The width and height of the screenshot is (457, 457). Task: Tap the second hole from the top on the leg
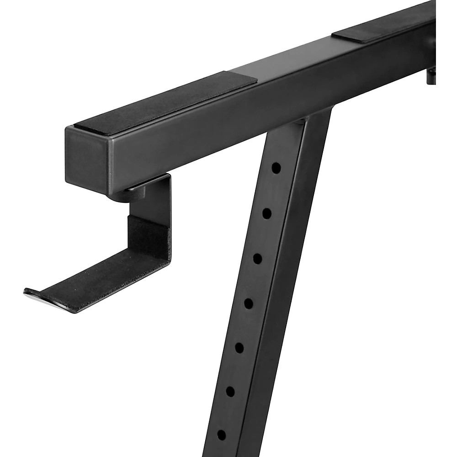point(267,213)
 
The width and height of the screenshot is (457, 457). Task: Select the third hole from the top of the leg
point(258,258)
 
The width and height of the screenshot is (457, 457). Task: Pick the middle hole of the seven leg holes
point(249,303)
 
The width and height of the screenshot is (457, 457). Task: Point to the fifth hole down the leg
point(239,347)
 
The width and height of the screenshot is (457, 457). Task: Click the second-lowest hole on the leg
point(230,391)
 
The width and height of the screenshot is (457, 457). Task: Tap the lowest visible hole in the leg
point(221,433)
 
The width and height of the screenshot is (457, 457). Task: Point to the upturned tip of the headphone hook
point(32,292)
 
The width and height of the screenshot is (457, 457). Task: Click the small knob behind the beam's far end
point(430,75)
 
